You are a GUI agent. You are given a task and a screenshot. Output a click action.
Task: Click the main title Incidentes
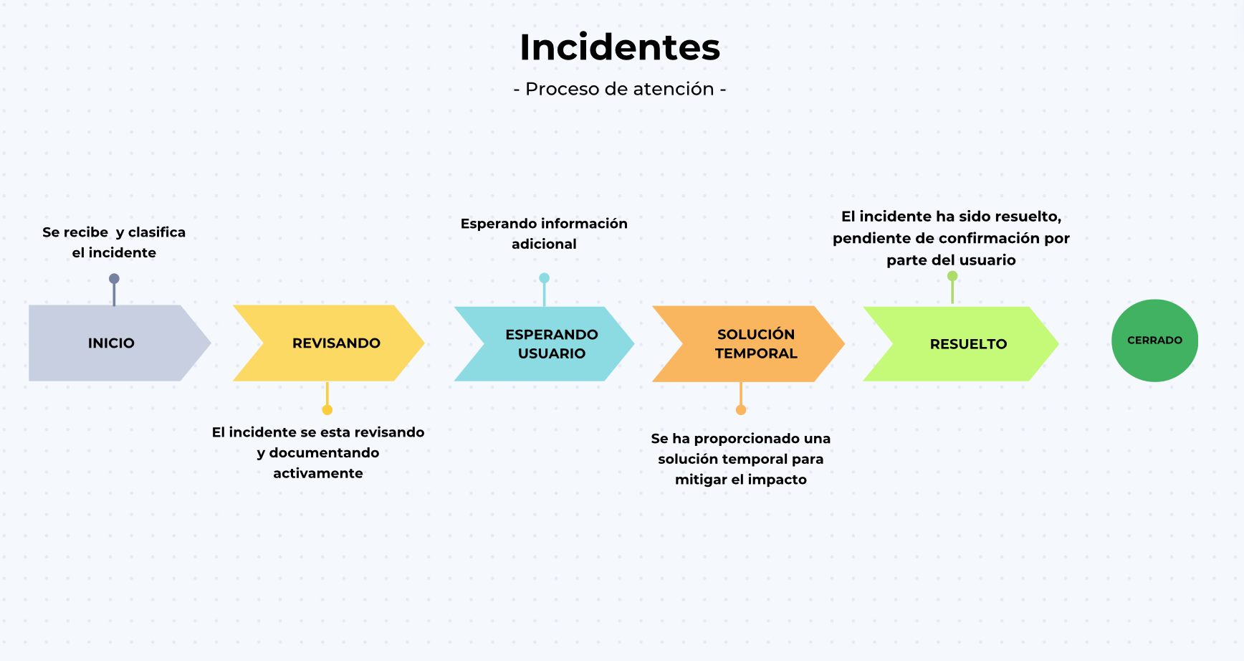click(x=620, y=47)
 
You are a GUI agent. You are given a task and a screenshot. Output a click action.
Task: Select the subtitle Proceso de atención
click(x=620, y=89)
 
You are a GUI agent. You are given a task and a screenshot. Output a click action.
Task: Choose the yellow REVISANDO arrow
click(x=329, y=343)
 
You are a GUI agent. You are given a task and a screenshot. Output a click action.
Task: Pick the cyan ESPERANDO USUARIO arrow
click(x=545, y=343)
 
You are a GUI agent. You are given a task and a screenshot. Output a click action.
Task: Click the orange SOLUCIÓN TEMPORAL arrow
click(x=749, y=343)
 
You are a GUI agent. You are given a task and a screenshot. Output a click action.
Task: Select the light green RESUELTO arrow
click(x=961, y=343)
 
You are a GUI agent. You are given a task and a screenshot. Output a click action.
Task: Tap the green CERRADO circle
click(x=1154, y=341)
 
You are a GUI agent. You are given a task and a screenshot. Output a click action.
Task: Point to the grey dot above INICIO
click(x=114, y=279)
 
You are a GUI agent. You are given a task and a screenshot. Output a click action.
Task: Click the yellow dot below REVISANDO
click(x=327, y=410)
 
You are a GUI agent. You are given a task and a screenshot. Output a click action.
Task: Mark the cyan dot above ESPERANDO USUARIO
click(x=544, y=278)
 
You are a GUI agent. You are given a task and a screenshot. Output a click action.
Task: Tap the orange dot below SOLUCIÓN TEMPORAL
click(x=741, y=410)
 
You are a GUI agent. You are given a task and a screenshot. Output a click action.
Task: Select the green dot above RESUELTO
click(x=952, y=276)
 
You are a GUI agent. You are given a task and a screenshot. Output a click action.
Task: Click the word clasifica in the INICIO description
click(x=157, y=232)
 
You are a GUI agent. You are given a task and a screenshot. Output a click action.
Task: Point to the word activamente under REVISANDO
click(x=318, y=473)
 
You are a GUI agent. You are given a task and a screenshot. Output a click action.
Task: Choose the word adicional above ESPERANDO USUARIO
click(x=544, y=244)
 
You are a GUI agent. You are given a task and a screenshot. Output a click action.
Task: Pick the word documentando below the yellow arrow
click(x=324, y=452)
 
